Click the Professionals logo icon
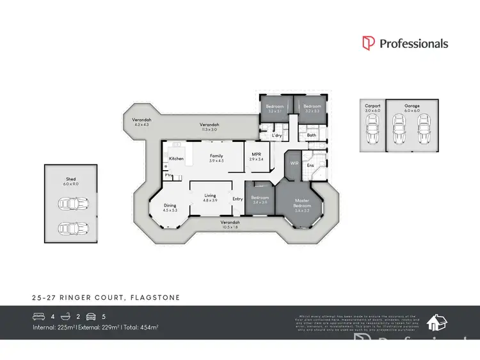click(x=368, y=43)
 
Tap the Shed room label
click(x=70, y=180)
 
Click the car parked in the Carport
click(x=372, y=133)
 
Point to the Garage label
click(x=412, y=106)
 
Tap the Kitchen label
click(x=176, y=159)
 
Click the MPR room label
click(x=255, y=154)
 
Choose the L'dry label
click(x=276, y=136)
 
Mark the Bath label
click(x=311, y=135)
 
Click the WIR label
click(x=294, y=164)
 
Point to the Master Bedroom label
click(x=301, y=203)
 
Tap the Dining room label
click(x=169, y=205)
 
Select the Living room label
click(x=210, y=196)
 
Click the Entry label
click(x=237, y=199)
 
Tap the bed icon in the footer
click(x=38, y=316)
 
